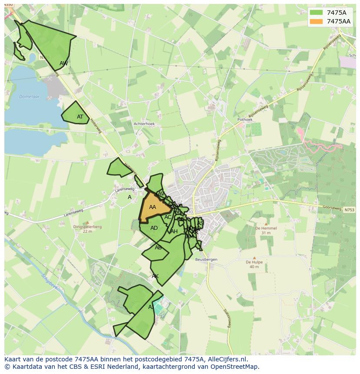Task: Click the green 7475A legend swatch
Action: coord(317,13)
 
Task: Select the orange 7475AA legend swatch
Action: coord(317,21)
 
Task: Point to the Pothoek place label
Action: coord(245,119)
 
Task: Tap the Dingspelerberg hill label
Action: coord(87,227)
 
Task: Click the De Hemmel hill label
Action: coord(263,228)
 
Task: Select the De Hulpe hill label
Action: coord(254,262)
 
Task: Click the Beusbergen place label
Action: coord(206,259)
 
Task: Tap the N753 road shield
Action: coord(349,210)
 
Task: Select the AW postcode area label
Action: coord(64,63)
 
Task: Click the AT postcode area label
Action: coord(80,117)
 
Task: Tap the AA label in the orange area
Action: coord(152,207)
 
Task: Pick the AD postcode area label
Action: coord(154,228)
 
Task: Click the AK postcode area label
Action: coord(155,276)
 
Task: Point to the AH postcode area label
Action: coord(174,232)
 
